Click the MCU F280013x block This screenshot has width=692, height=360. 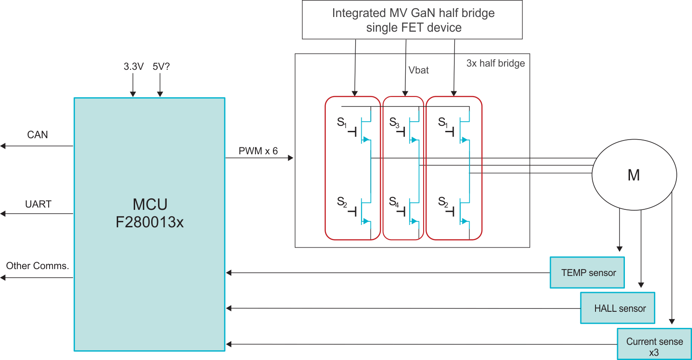(149, 224)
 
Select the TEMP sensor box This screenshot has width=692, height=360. (588, 273)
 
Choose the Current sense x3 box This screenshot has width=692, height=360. (654, 344)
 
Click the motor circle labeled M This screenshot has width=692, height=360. (634, 174)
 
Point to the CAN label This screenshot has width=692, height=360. (38, 135)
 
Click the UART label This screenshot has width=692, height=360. (38, 204)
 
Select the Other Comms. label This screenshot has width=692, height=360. (37, 266)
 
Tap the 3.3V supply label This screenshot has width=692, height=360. (134, 67)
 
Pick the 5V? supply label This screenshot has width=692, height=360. (161, 67)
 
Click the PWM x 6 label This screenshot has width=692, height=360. (258, 151)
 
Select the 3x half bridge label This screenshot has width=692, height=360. (495, 63)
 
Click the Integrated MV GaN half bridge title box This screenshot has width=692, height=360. (412, 20)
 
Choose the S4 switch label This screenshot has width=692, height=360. (394, 201)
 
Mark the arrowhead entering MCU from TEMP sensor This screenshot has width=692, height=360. (228, 273)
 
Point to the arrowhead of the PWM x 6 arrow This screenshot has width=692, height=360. (290, 158)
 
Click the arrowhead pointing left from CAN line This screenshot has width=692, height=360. (3, 146)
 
